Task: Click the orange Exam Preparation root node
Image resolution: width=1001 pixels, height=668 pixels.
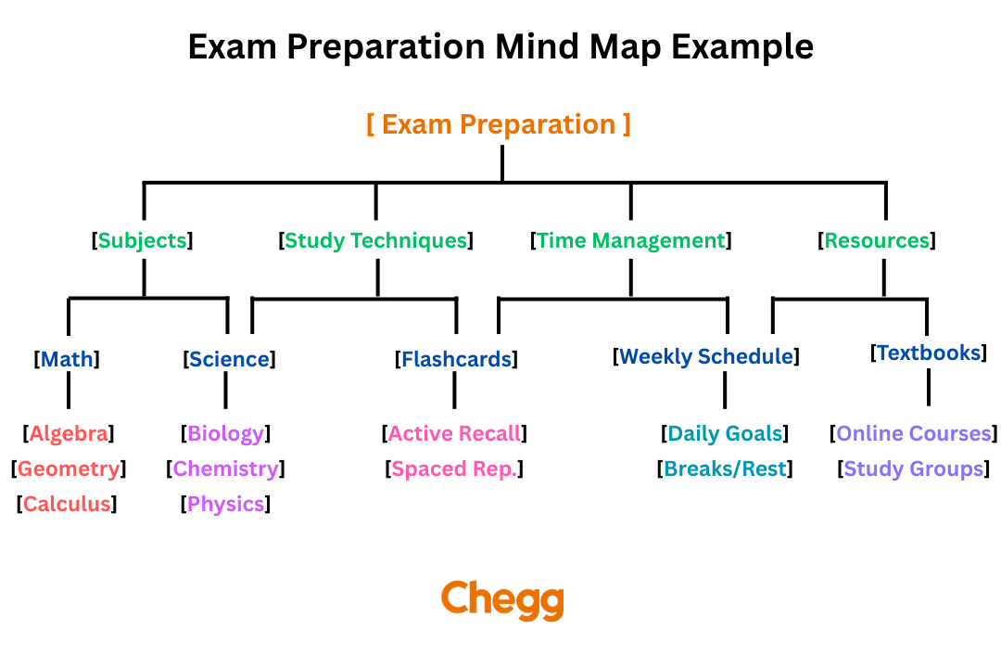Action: (x=499, y=124)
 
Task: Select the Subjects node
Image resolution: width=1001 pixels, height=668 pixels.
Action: (x=143, y=240)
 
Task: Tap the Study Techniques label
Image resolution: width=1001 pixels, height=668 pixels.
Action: (x=375, y=240)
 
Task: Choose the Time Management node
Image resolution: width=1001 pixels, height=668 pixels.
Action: (x=630, y=240)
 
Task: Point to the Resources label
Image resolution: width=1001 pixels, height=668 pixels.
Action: (x=876, y=240)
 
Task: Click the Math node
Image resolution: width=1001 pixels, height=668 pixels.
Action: (x=67, y=359)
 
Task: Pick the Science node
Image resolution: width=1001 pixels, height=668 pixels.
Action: (x=229, y=359)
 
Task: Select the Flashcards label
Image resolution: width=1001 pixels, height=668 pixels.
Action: (x=455, y=359)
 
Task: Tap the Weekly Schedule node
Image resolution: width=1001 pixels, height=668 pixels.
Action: (x=706, y=356)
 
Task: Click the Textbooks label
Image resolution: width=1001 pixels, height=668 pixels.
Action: (x=928, y=353)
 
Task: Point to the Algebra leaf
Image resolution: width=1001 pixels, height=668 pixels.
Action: (x=69, y=433)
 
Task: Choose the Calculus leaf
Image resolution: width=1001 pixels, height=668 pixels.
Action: (x=67, y=505)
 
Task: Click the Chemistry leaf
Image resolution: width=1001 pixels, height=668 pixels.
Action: (x=225, y=469)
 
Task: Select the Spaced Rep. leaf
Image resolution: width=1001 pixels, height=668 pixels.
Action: (x=453, y=469)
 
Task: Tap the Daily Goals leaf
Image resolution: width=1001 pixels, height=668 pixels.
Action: (x=725, y=433)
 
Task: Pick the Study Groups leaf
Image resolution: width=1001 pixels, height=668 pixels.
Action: (x=913, y=469)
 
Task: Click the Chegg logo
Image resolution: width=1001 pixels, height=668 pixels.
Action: (x=501, y=600)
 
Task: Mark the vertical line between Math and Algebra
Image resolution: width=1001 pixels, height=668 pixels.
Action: (x=68, y=394)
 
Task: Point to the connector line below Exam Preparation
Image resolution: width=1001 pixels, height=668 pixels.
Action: (x=501, y=163)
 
